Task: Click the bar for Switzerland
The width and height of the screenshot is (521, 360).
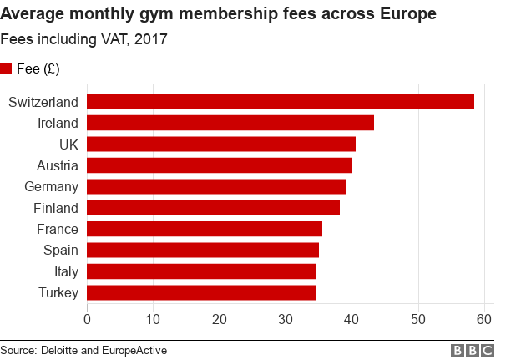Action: coord(281,102)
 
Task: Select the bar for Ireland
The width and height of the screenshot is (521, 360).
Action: coord(230,123)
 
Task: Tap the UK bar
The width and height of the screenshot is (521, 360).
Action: coord(221,145)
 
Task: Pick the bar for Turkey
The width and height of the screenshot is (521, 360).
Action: coord(201,292)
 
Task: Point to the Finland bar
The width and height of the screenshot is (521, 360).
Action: coord(214,208)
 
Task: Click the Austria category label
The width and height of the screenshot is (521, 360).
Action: coord(58,165)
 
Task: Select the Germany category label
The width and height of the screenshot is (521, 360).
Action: coord(52,186)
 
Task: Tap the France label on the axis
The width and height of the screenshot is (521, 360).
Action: coord(58,229)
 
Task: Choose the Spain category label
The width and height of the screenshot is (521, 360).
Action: coord(61,250)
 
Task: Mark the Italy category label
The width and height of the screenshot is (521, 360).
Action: coord(64,271)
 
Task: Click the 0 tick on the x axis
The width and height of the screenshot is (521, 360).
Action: coord(88,318)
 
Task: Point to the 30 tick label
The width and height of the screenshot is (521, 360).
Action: coord(286,318)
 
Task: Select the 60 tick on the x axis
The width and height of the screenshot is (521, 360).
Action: coord(484,318)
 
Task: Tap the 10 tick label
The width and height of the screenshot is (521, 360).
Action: coord(154,318)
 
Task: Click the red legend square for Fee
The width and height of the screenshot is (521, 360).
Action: coord(7,68)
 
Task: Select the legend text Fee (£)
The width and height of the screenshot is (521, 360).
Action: coord(38,68)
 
